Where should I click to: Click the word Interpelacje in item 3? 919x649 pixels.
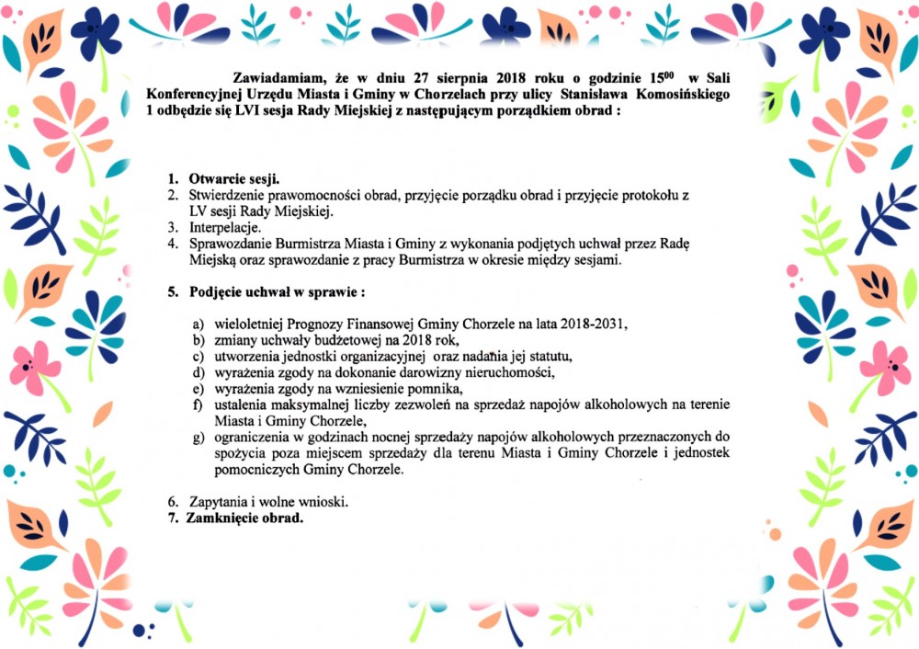[x=225, y=227]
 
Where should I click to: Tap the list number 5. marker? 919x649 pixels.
[x=172, y=292]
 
